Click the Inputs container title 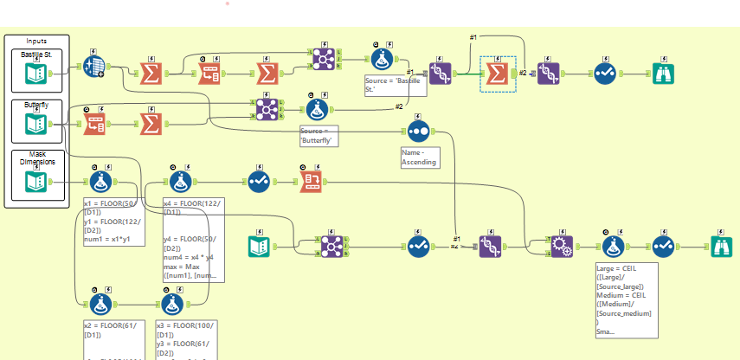(x=36, y=41)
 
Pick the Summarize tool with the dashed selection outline (x=497, y=74)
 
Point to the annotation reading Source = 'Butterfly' (x=317, y=135)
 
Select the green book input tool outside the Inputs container (x=259, y=247)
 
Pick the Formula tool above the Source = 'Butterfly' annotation (x=316, y=108)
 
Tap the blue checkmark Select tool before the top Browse (x=604, y=74)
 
